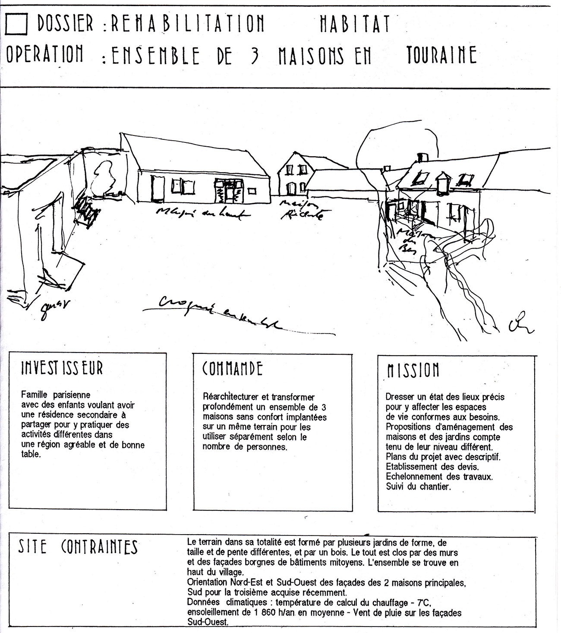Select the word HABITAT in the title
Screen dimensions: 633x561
point(355,24)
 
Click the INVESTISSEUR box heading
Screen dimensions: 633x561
point(62,368)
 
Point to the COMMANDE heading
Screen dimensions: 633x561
point(233,369)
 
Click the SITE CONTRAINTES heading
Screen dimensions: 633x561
point(78,547)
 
